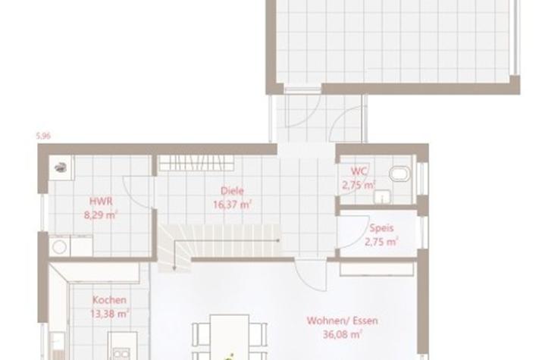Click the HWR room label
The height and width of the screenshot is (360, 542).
tap(101, 201)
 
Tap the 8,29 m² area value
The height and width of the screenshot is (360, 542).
tap(101, 215)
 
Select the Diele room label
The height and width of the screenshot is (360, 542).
tap(232, 191)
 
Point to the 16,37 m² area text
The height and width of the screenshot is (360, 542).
tap(232, 205)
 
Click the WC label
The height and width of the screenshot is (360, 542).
tap(359, 171)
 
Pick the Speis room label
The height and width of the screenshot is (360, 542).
tap(381, 228)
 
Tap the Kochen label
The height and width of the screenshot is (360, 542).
tap(109, 300)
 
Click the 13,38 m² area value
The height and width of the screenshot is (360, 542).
tap(109, 314)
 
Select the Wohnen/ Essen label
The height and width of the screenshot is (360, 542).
tap(342, 321)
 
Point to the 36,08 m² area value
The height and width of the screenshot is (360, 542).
tap(342, 334)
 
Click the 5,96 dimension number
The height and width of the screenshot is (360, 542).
tap(43, 136)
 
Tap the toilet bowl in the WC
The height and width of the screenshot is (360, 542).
tap(400, 174)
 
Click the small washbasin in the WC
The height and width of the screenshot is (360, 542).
tap(382, 196)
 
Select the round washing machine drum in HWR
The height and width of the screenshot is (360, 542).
tap(59, 247)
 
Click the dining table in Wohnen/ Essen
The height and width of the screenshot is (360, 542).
tap(230, 337)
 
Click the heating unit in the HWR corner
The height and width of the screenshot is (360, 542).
tap(61, 167)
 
